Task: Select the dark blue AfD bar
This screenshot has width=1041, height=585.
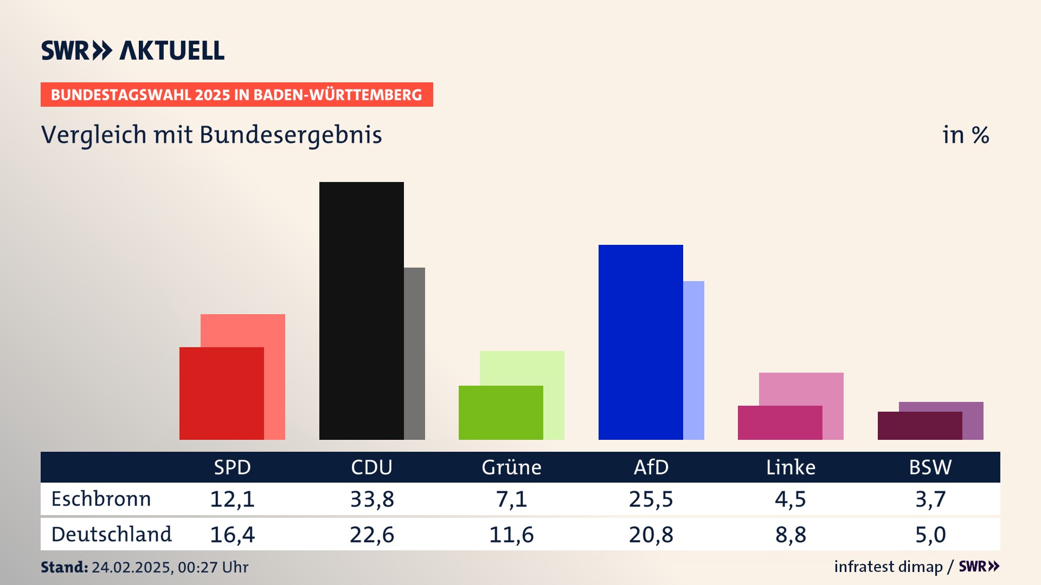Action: (640, 342)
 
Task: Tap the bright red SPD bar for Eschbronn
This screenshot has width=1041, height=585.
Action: (221, 393)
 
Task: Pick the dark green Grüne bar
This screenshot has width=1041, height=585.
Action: (500, 412)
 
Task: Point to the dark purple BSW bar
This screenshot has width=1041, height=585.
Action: (920, 426)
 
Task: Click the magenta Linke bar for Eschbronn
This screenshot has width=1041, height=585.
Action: (780, 422)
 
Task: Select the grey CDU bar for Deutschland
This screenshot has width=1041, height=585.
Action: (414, 353)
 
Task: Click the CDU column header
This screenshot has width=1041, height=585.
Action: (371, 467)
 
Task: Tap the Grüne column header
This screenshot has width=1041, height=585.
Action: (511, 467)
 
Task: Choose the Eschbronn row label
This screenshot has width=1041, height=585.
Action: (101, 499)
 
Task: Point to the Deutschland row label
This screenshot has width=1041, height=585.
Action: (111, 535)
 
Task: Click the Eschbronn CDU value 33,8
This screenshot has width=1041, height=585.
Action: (372, 499)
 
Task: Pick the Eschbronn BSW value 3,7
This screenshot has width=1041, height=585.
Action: (930, 499)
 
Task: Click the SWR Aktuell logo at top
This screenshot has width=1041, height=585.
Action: (133, 50)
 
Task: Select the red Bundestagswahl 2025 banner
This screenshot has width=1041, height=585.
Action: (236, 95)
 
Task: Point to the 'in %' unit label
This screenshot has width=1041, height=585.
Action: (965, 135)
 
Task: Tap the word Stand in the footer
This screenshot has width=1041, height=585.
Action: (64, 567)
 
